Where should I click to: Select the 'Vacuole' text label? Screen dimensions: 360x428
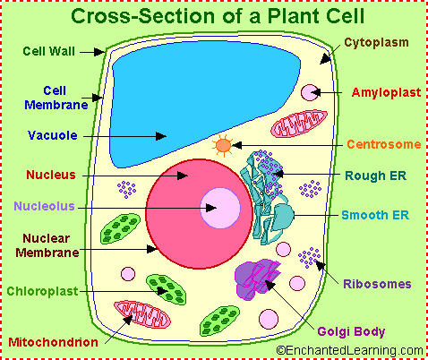(x=52, y=136)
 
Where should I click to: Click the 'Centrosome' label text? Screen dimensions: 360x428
(x=382, y=144)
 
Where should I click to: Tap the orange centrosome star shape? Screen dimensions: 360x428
(x=223, y=143)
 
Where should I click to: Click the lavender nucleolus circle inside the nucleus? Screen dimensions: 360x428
(x=219, y=210)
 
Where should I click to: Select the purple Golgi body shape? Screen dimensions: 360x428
(x=258, y=278)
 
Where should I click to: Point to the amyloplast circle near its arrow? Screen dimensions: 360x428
(x=308, y=92)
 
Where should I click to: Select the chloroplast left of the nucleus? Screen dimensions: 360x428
(x=120, y=228)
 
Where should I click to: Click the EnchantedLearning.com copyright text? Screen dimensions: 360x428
(x=350, y=351)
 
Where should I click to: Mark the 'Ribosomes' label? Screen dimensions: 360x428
(x=377, y=285)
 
